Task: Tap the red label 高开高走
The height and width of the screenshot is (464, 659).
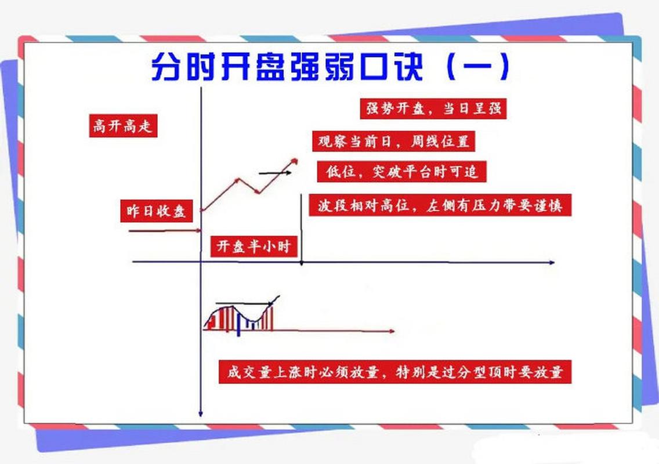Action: click(123, 126)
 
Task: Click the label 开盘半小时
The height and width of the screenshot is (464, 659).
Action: click(254, 246)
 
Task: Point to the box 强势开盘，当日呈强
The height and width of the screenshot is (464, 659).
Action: click(433, 108)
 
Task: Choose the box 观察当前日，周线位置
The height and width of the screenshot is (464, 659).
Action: click(393, 141)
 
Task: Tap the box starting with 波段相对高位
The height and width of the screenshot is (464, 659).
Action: click(440, 206)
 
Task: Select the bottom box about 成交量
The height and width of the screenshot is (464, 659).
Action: click(395, 371)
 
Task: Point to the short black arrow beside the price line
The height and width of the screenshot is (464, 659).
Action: click(273, 173)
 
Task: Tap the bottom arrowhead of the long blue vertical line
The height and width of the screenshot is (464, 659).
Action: click(200, 414)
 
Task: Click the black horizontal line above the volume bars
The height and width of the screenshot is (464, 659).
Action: click(244, 303)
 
